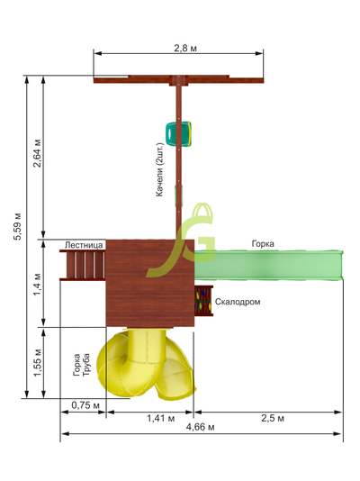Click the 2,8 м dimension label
[x=185, y=48]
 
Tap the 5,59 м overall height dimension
[x=17, y=226]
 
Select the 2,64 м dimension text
[x=37, y=153]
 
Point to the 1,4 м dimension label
[x=37, y=284]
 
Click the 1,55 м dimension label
[x=37, y=363]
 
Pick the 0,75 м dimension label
[x=85, y=405]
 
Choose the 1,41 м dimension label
[x=161, y=418]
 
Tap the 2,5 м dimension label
[x=273, y=418]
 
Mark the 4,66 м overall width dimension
[x=201, y=427]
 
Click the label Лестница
[x=84, y=245]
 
